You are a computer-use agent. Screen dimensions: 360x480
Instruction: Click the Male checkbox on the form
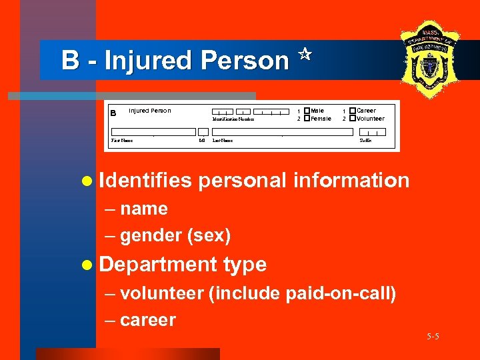pos(307,111)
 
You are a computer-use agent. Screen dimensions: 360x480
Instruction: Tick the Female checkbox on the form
pos(307,119)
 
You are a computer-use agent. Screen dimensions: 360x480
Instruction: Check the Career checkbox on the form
pos(353,111)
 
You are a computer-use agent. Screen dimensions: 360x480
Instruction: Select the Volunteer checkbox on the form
pos(353,119)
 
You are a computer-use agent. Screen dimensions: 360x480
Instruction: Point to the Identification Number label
pos(233,119)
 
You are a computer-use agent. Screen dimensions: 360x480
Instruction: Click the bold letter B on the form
pos(113,113)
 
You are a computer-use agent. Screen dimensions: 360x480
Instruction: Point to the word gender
pos(152,236)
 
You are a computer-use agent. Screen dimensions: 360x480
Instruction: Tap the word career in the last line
pos(148,320)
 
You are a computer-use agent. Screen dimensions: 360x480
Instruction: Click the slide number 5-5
pos(433,337)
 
